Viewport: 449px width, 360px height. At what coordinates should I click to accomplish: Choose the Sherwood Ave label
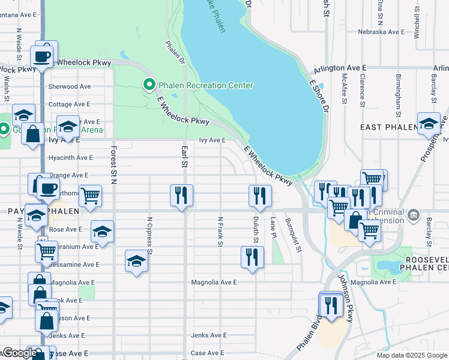(x=69, y=86)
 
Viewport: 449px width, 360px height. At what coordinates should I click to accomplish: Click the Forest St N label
(x=112, y=164)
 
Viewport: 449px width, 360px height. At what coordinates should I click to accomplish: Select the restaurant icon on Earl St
(x=181, y=196)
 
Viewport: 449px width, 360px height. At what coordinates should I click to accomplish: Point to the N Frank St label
(x=220, y=232)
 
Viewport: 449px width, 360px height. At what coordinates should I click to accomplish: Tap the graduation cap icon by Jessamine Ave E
(x=137, y=261)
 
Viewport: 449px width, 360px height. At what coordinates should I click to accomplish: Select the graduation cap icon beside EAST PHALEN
(x=429, y=124)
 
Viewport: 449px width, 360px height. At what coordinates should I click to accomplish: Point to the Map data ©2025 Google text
(x=411, y=355)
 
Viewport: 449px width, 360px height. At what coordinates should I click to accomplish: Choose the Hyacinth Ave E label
(x=71, y=157)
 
